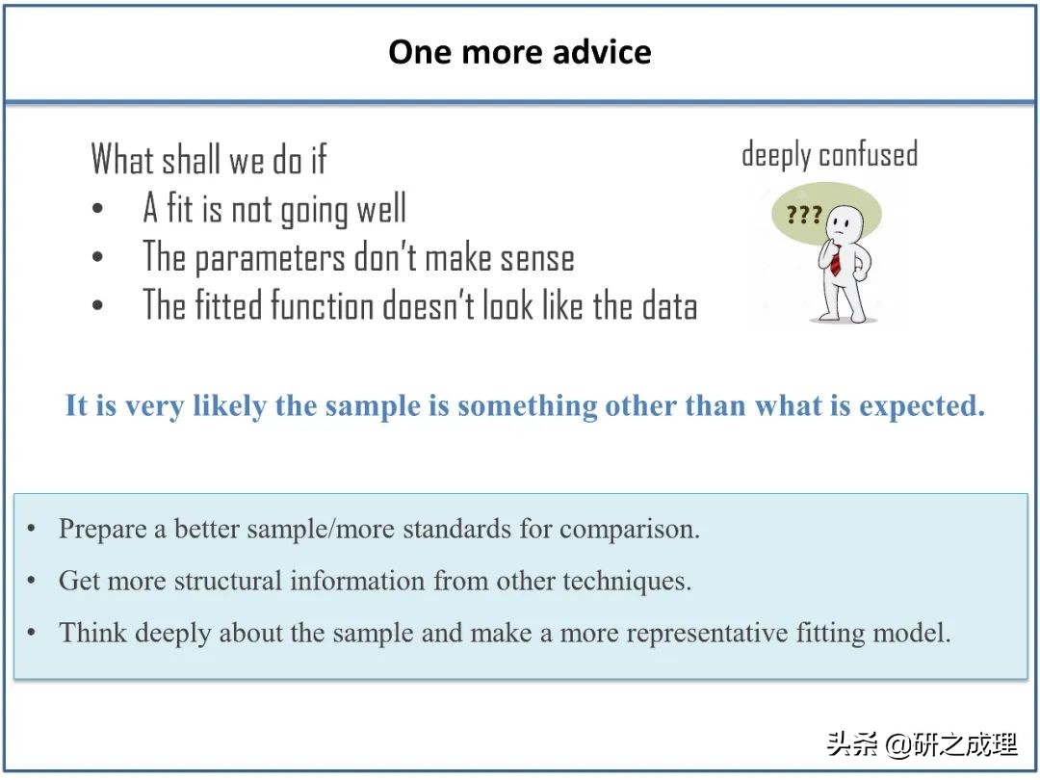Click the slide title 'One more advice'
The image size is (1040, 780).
(520, 52)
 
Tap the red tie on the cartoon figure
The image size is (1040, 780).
(836, 261)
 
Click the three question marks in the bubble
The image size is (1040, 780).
(804, 215)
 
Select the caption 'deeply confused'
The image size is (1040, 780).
(830, 155)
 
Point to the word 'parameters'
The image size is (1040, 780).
(270, 258)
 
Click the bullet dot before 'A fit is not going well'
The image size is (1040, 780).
(97, 208)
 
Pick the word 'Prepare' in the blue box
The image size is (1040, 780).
(102, 530)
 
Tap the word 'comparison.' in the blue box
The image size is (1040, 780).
(630, 530)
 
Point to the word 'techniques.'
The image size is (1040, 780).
(627, 582)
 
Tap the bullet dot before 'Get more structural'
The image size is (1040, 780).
(31, 581)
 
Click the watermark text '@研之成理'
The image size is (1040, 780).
(950, 744)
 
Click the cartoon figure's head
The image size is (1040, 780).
(845, 223)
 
